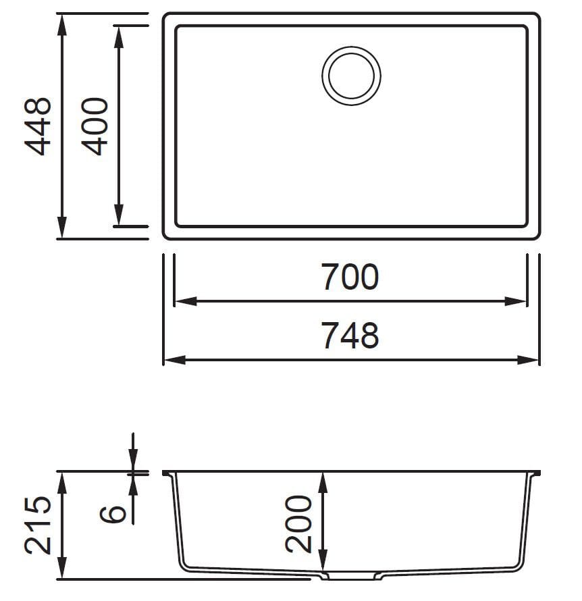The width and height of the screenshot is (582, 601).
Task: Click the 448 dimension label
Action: [x=37, y=126]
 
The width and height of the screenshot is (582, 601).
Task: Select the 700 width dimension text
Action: [x=350, y=278]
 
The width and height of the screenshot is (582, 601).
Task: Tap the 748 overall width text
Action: [x=350, y=336]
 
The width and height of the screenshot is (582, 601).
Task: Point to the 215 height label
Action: [x=37, y=525]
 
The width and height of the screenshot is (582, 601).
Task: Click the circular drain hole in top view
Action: [x=351, y=76]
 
